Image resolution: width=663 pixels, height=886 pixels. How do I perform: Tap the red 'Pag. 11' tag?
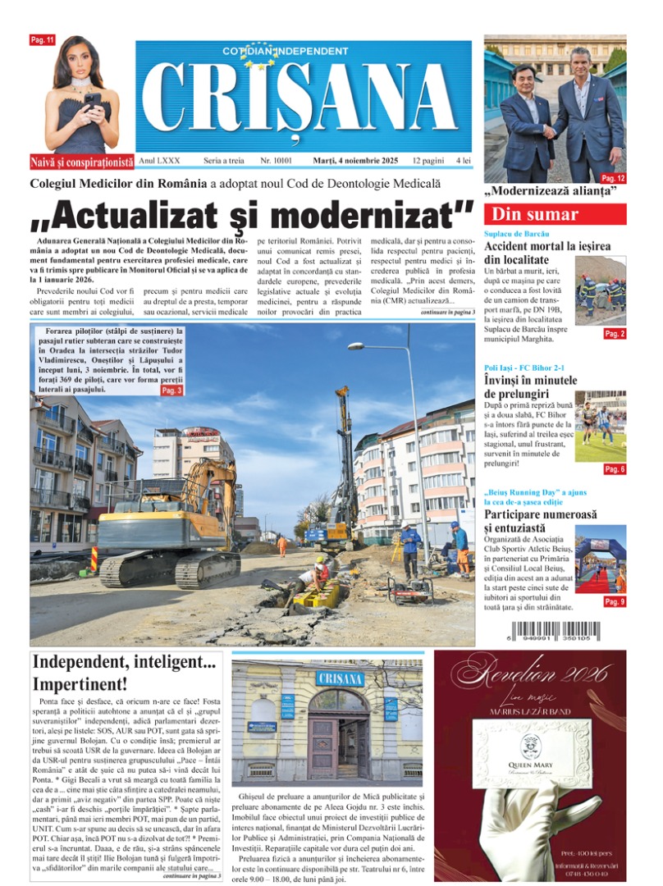(42, 40)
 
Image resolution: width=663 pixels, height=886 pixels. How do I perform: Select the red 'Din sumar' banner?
(555, 215)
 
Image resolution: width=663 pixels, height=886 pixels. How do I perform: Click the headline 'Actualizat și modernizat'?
(252, 212)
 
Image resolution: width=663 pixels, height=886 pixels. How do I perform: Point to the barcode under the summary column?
(555, 633)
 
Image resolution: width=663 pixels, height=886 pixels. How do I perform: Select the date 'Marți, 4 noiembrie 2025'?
(357, 162)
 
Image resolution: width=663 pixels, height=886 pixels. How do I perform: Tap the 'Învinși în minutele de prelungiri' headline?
(531, 386)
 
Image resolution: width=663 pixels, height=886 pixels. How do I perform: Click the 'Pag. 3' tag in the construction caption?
(171, 391)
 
